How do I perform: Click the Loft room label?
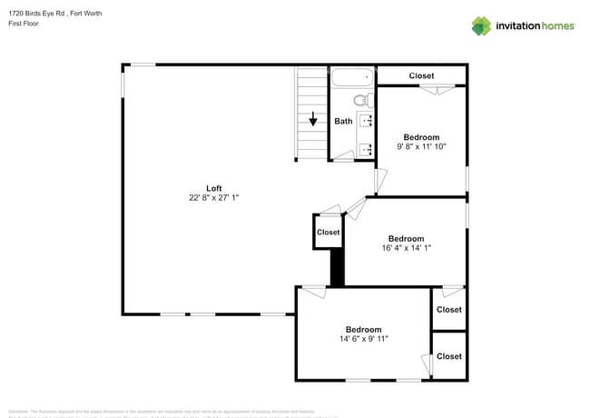(214, 188)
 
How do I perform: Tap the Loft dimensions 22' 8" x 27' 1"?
(214, 197)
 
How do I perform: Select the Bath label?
(343, 121)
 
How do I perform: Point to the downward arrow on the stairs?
(313, 119)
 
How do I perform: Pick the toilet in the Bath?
(360, 100)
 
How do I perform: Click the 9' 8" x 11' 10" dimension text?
(421, 145)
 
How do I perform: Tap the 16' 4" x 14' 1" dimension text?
(400, 248)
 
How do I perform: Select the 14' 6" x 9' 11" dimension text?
(363, 338)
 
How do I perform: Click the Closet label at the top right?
(421, 75)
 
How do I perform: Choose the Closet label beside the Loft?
(328, 233)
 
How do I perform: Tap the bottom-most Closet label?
(448, 356)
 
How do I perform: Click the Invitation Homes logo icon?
(481, 25)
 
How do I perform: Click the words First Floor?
(21, 25)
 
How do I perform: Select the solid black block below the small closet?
(338, 269)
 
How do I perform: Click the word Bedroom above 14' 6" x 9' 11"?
(363, 329)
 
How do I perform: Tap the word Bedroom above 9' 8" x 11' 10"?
(421, 136)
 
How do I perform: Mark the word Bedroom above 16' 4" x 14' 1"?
(400, 239)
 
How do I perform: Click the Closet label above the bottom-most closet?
(448, 310)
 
